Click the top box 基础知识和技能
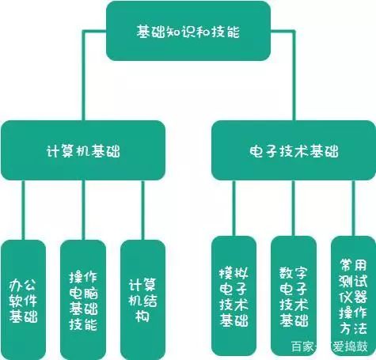tap(188, 31)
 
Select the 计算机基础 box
tap(83, 150)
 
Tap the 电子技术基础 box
tap(294, 150)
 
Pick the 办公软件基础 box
tap(23, 300)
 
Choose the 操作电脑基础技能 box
tap(83, 300)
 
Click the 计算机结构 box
tap(143, 300)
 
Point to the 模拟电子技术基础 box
tap(234, 296)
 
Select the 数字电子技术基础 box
tap(294, 296)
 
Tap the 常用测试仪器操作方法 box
tap(354, 296)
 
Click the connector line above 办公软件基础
tap(23, 210)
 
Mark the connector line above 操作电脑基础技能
tap(83, 210)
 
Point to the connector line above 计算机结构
tap(143, 210)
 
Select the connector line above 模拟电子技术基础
tap(234, 208)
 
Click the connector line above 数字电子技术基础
tap(293, 208)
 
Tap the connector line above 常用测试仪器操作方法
tap(354, 208)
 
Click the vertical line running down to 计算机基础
tap(83, 75)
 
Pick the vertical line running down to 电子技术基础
tap(294, 75)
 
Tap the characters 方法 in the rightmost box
tap(353, 328)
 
